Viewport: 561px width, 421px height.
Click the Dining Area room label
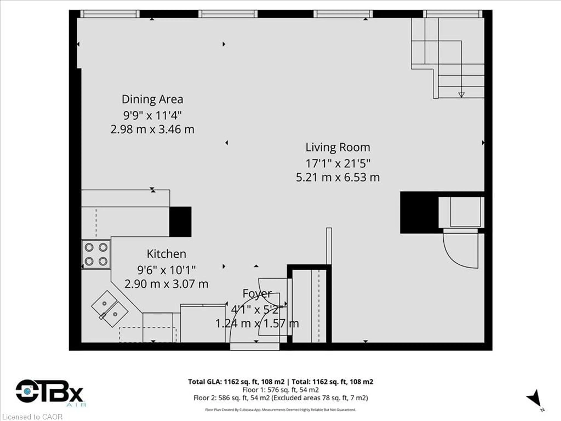tap(152, 99)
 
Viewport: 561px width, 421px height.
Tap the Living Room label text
tap(338, 147)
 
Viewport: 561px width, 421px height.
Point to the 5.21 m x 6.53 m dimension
tap(338, 177)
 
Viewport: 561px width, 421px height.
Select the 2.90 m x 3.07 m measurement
tap(166, 284)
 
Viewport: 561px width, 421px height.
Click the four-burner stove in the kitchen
tap(96, 254)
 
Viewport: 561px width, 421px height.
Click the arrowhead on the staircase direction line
tap(461, 95)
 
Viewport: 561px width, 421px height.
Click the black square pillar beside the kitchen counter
tap(180, 222)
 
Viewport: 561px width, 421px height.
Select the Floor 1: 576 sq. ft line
tap(280, 390)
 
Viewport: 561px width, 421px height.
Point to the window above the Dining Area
tap(110, 14)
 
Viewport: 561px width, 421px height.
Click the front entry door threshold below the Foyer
tap(255, 347)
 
